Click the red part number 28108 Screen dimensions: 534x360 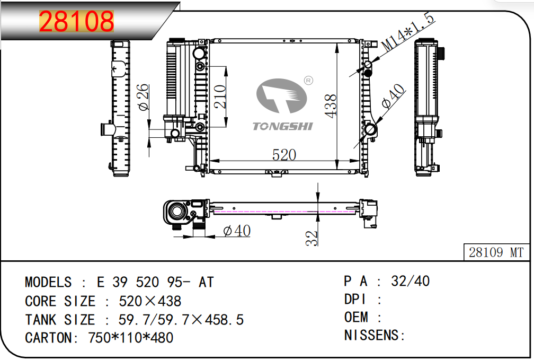(76, 21)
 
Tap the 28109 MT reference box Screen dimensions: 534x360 (496, 252)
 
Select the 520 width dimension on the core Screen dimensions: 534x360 (284, 155)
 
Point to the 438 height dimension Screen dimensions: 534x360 (331, 106)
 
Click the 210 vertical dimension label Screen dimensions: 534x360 (220, 96)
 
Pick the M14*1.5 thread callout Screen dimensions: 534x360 (408, 32)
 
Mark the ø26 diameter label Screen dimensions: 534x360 (144, 97)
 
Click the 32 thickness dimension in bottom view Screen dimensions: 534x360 (311, 238)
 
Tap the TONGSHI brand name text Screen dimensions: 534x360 (282, 127)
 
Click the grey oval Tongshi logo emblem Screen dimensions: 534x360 (281, 96)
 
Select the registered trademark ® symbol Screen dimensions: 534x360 (308, 81)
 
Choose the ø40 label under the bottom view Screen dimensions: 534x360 (237, 231)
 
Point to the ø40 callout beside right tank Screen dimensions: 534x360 (393, 96)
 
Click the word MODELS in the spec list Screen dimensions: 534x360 (48, 282)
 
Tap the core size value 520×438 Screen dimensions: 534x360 (150, 301)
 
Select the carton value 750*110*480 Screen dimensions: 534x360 (131, 338)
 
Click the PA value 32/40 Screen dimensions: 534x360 (411, 281)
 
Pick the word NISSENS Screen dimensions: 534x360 (372, 335)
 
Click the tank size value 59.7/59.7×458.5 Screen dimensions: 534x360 (181, 320)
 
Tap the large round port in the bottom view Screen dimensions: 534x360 (177, 212)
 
